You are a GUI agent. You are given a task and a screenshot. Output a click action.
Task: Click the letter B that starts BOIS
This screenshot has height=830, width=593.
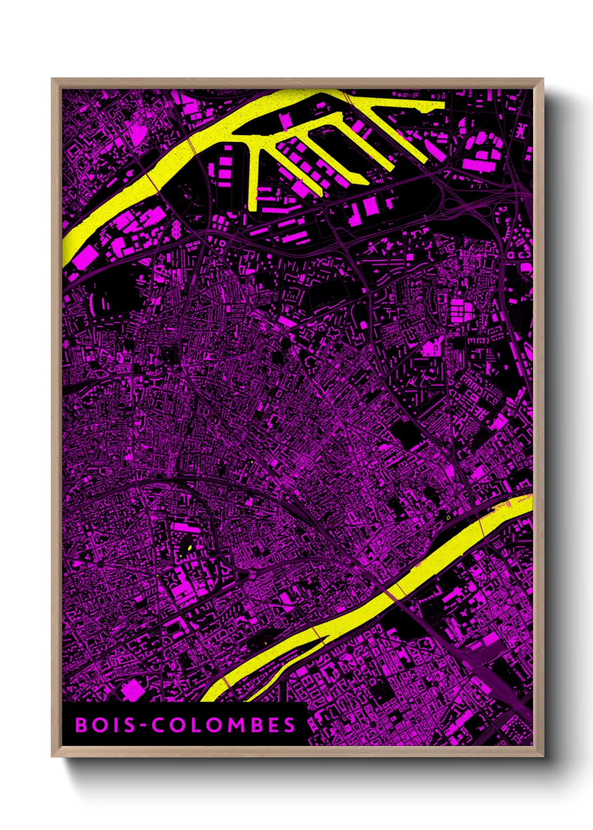click(81, 725)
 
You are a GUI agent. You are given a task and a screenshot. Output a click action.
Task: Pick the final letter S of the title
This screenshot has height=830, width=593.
click(289, 725)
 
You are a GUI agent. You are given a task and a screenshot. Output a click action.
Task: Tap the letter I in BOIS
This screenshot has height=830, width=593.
click(114, 725)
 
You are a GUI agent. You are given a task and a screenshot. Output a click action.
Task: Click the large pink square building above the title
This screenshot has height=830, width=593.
click(132, 689)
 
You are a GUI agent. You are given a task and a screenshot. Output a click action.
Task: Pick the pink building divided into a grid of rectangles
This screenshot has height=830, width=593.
click(463, 308)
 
